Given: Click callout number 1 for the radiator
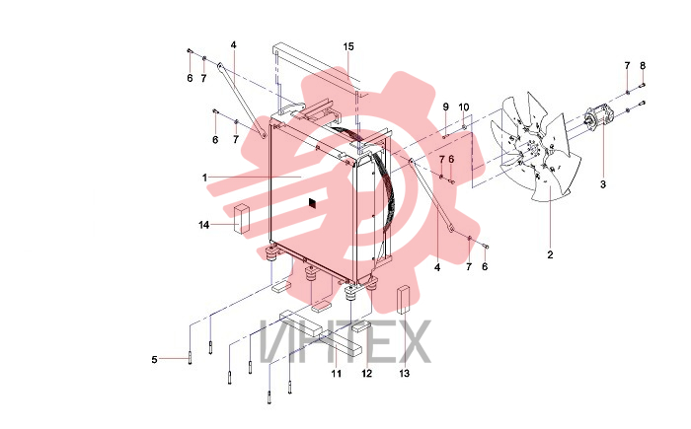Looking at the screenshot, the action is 204,178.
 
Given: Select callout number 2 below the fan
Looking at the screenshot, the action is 550,254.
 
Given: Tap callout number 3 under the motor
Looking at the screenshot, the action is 603,184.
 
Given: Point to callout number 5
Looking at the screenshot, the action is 154,359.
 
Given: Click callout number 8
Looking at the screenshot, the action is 643,66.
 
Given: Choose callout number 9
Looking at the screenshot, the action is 445,107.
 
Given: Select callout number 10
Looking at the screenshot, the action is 464,107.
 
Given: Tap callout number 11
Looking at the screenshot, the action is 337,374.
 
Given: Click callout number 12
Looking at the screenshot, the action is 366,374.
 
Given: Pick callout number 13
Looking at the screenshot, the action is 404,374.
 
